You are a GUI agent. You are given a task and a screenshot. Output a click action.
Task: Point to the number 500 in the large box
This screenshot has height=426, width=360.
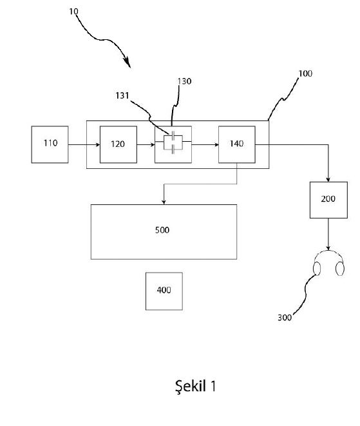coord(162,230)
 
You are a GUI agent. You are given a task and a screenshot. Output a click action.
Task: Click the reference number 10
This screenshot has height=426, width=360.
coord(73,12)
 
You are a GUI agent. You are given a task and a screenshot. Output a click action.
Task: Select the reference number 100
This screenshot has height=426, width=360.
coord(305,73)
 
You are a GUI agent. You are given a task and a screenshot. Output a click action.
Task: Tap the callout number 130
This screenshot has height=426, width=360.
coord(184,81)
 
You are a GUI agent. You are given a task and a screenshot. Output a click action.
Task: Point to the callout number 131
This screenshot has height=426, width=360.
coord(122,95)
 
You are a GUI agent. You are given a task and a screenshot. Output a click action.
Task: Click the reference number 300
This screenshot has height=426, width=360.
coord(285,317)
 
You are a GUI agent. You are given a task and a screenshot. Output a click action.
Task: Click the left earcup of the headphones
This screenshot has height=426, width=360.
coord(317,268)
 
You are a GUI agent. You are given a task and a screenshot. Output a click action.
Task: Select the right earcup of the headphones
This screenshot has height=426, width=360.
coord(340,269)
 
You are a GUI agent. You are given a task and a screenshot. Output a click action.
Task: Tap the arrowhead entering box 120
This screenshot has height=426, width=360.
coord(98,144)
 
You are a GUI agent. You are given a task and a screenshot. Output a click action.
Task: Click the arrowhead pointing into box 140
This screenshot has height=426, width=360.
coord(216,144)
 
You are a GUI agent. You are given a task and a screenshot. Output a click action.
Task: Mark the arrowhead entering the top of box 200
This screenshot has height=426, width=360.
coord(328,180)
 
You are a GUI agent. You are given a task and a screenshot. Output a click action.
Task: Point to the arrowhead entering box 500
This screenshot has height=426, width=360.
coord(164,202)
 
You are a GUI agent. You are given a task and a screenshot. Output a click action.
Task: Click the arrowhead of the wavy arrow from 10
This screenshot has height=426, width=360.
coord(128,62)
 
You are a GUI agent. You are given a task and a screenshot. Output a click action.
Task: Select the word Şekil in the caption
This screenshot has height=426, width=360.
coord(191,386)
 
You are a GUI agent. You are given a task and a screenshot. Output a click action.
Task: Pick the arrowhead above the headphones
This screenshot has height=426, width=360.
coord(328,248)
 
